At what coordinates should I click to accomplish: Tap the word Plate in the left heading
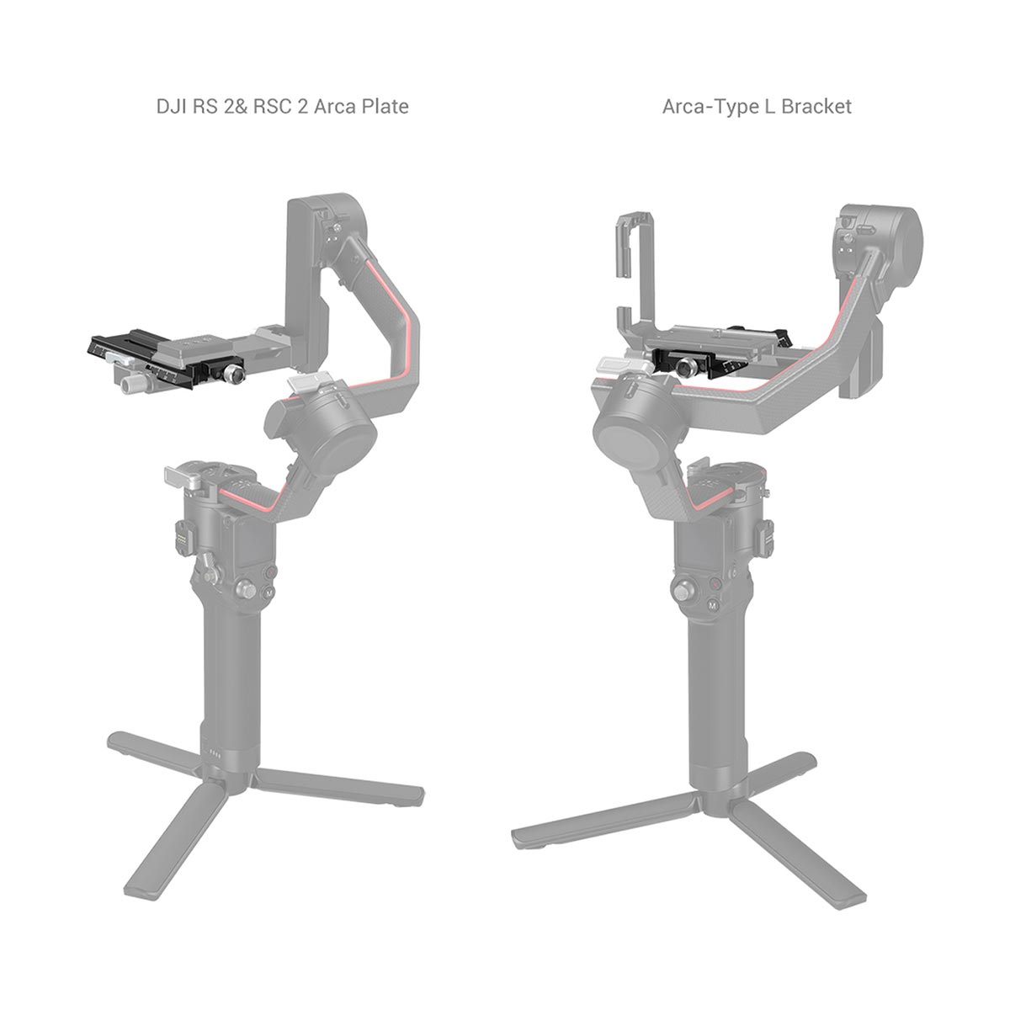click(385, 106)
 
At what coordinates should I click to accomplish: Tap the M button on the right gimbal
click(712, 605)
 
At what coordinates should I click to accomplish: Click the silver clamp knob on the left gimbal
click(232, 375)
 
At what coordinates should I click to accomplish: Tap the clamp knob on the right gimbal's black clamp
click(684, 369)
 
